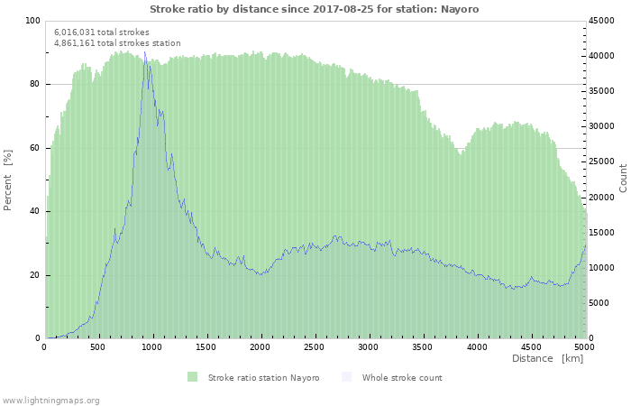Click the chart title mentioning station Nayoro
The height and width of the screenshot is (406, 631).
click(x=315, y=9)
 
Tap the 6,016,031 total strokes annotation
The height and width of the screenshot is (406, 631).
click(x=102, y=32)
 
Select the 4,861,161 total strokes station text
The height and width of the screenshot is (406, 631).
click(x=117, y=43)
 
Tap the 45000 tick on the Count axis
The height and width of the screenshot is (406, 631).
click(x=601, y=21)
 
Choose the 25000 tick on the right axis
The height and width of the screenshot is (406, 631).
click(x=601, y=161)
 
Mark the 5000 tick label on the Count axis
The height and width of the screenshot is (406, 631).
click(x=599, y=303)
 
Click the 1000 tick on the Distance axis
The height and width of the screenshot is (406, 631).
click(x=151, y=347)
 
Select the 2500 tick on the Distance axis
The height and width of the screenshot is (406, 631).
click(x=314, y=347)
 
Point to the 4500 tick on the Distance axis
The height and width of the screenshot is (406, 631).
click(x=530, y=347)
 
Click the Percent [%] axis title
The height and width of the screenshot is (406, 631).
click(x=7, y=180)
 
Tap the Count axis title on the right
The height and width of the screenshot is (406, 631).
click(x=623, y=178)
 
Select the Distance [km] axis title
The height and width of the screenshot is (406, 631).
click(x=547, y=358)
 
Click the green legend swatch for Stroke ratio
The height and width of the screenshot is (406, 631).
click(x=192, y=377)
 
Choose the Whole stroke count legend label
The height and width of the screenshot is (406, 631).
click(x=402, y=377)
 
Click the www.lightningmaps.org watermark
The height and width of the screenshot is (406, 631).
click(x=50, y=401)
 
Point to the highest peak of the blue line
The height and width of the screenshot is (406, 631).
click(x=145, y=52)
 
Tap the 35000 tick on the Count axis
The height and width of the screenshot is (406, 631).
click(x=601, y=91)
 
